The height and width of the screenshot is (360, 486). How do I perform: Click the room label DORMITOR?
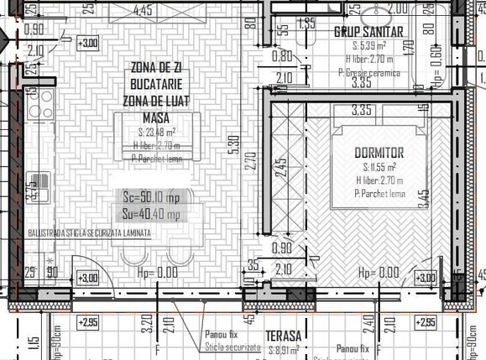coord(379,153)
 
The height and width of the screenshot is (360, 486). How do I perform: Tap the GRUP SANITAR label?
coord(369,33)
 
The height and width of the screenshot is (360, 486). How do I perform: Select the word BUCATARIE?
coord(156,84)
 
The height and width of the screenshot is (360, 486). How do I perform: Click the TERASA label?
coord(285,337)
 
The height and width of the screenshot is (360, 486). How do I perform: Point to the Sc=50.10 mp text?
coord(151,198)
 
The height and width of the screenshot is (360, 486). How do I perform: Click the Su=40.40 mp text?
coord(151,215)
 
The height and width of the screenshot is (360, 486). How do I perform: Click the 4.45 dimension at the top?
coord(143,11)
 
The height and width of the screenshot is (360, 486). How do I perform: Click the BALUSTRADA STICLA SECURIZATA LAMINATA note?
coord(89,232)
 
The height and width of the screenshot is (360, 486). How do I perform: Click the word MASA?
coord(156,117)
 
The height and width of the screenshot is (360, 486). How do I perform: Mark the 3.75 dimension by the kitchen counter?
coord(32,190)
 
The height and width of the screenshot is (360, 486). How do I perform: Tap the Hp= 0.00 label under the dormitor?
coord(378,273)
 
